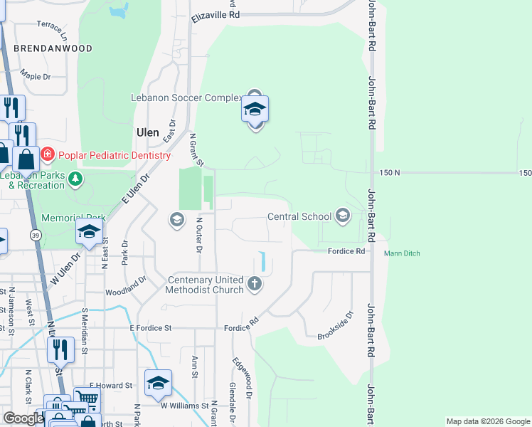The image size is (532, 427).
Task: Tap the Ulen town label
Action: click(147, 132)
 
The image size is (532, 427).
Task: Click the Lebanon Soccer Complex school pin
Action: click(255, 110)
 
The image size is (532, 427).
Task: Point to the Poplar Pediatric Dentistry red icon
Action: click(47, 154)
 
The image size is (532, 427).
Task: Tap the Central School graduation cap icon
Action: click(343, 216)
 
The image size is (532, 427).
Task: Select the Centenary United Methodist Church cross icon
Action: click(255, 285)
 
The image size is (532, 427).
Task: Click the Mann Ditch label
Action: click(403, 253)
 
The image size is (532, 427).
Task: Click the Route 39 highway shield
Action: click(35, 235)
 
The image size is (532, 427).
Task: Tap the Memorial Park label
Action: click(73, 218)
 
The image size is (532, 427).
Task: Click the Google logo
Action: click(23, 418)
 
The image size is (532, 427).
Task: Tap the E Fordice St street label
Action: click(152, 327)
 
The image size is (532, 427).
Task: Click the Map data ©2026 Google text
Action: click(488, 421)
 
